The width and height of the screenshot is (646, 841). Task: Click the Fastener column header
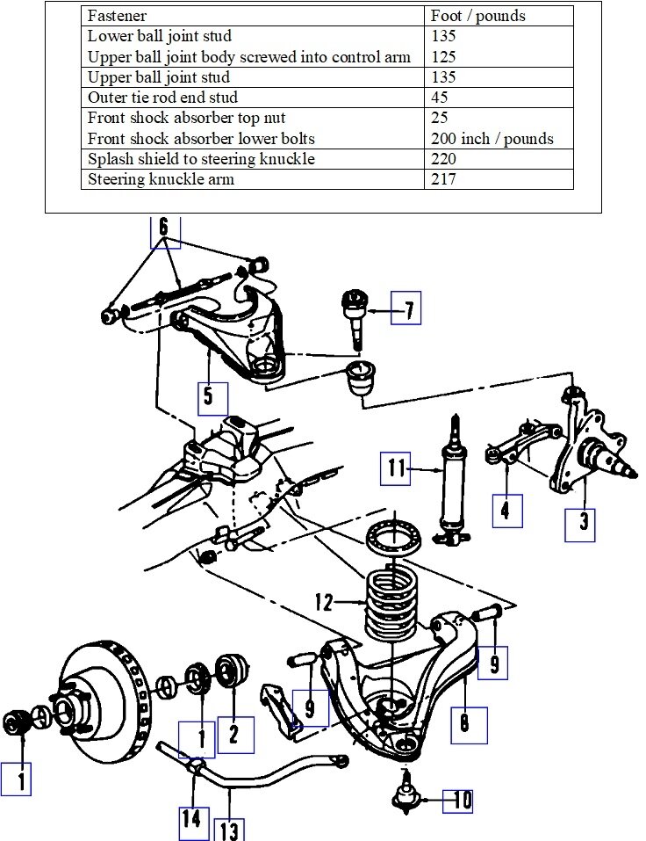[x=117, y=16]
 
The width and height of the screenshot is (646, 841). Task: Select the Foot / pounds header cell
[x=477, y=16]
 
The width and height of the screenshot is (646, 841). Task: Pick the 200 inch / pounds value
[x=492, y=139]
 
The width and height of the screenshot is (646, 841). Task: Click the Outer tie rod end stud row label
[x=162, y=98]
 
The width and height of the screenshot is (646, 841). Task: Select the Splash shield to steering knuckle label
[x=201, y=159]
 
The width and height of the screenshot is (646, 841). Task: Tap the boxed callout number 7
[x=406, y=308]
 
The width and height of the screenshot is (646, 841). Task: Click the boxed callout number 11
[x=396, y=468]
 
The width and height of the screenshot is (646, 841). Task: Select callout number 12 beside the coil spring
[x=324, y=604]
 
